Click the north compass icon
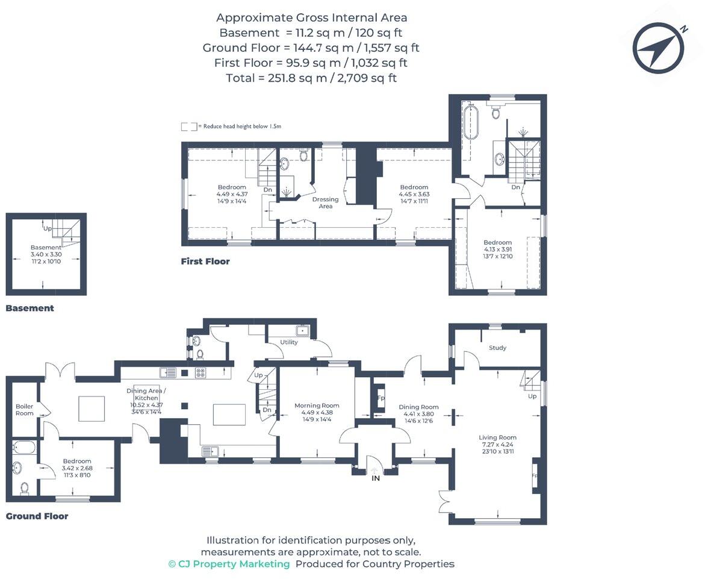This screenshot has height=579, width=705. pos(658,48)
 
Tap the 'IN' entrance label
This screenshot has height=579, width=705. pos(376,478)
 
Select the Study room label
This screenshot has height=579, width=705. pos(497,348)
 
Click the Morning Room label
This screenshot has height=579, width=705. pos(317,405)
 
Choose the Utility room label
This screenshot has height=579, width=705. pos(289,342)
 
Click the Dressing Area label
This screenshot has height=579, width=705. pos(325,202)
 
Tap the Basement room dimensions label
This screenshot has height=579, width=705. pos(46,258)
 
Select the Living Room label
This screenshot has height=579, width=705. pos(497,437)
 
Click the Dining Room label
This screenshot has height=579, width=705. pos(418,407)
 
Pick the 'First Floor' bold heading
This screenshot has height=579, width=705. pos(205,261)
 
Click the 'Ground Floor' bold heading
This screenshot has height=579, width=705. pos(37,516)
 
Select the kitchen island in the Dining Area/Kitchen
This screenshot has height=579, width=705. pos(229,415)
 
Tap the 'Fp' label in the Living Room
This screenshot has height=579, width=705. pos(534,475)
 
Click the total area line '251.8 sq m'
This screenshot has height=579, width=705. pos(311,78)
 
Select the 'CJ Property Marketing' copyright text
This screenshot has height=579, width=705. pos(229,564)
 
